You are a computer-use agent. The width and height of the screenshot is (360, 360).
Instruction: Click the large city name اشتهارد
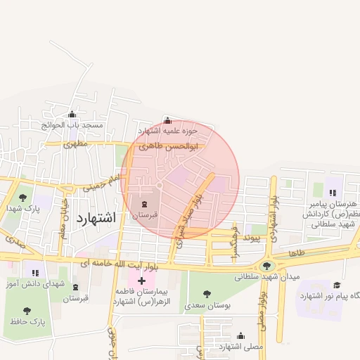[94, 217]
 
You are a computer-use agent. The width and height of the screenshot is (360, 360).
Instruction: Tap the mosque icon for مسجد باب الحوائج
[72, 115]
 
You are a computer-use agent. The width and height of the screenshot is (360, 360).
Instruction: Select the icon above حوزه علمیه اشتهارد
[167, 120]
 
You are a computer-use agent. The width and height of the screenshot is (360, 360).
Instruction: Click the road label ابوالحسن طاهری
[168, 146]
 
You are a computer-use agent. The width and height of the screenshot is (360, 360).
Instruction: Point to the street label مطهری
[75, 143]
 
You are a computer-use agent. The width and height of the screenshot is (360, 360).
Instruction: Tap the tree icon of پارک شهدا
[22, 198]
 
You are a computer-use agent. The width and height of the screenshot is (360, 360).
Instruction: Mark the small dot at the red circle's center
[160, 185]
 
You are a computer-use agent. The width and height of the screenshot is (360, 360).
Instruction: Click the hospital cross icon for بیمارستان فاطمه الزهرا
[142, 281]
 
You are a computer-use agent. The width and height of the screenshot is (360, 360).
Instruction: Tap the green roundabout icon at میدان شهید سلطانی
[266, 266]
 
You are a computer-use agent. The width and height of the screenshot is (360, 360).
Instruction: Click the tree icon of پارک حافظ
[27, 310]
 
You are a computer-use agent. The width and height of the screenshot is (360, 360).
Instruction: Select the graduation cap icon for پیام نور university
[337, 285]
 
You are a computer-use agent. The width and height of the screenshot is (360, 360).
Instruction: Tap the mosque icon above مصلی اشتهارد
[240, 336]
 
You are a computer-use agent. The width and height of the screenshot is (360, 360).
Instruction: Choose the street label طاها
[296, 252]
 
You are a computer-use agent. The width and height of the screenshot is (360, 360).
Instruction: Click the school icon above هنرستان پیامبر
[332, 191]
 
